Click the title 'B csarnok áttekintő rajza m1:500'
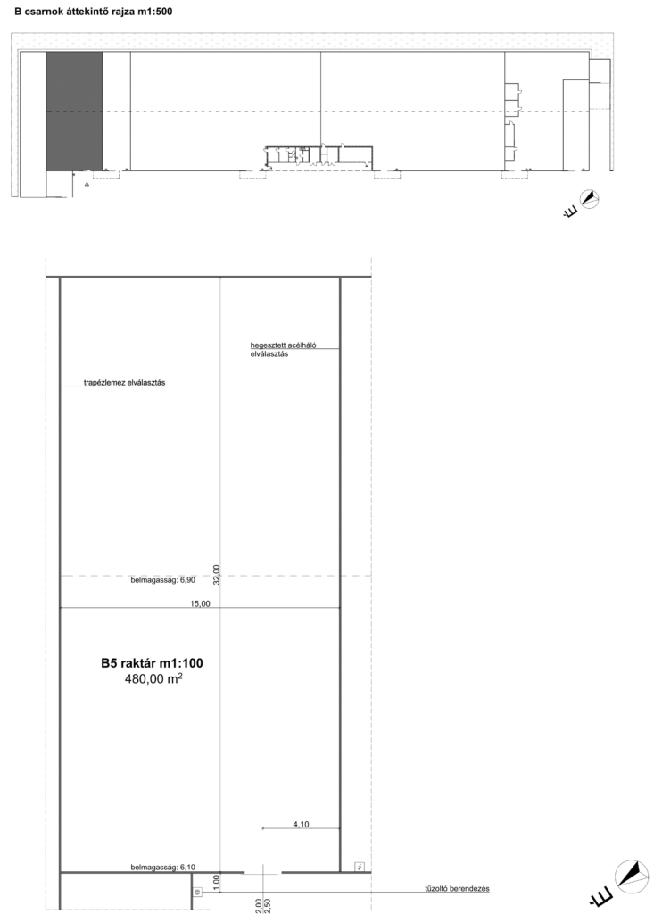click(x=94, y=11)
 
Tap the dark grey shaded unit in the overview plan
click(x=75, y=112)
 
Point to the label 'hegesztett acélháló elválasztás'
click(x=284, y=350)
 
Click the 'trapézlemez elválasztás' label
click(x=125, y=383)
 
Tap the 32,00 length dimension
click(x=217, y=574)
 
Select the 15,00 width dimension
click(x=200, y=604)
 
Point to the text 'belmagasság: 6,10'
click(x=162, y=867)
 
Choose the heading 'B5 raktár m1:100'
click(x=153, y=663)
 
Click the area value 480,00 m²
click(x=153, y=678)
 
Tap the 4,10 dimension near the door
click(x=301, y=824)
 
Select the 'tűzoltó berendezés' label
click(x=457, y=889)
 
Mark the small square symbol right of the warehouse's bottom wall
click(x=360, y=867)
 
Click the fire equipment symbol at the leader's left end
click(x=197, y=892)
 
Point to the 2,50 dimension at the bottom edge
click(x=269, y=905)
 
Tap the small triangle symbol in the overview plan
click(x=87, y=184)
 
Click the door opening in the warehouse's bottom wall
click(x=262, y=873)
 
